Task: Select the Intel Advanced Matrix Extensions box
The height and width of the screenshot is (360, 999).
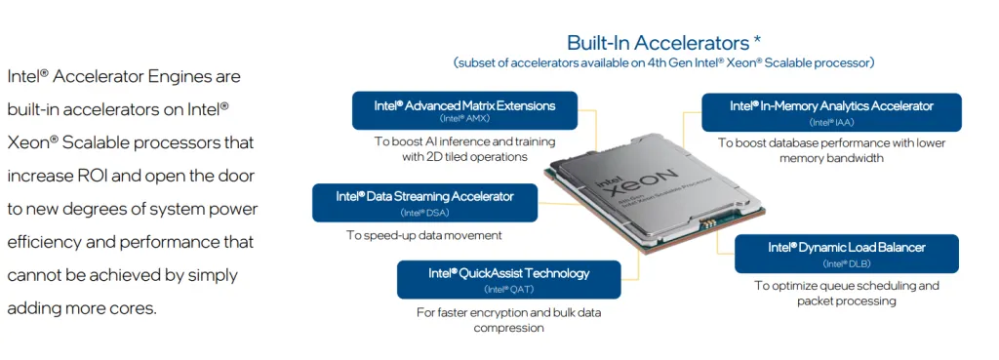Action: point(464,110)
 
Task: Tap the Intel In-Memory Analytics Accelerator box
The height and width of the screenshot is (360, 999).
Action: point(831,111)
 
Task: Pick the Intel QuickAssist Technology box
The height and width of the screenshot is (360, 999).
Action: point(508,278)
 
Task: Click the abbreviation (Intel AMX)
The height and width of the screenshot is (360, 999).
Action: point(464,119)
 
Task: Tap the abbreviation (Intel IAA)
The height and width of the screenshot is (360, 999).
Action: point(831,123)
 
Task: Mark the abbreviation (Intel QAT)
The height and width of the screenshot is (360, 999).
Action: point(508,289)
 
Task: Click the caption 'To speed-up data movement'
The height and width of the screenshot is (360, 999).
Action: point(423,235)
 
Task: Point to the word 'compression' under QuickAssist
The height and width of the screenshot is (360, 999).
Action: point(508,328)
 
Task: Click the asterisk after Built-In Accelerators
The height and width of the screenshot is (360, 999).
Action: point(757,41)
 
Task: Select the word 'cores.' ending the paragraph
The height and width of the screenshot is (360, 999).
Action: point(134,308)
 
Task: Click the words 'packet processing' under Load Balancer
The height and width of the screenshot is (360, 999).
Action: point(846,301)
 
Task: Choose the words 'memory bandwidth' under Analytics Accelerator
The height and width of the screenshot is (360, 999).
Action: point(831,158)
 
